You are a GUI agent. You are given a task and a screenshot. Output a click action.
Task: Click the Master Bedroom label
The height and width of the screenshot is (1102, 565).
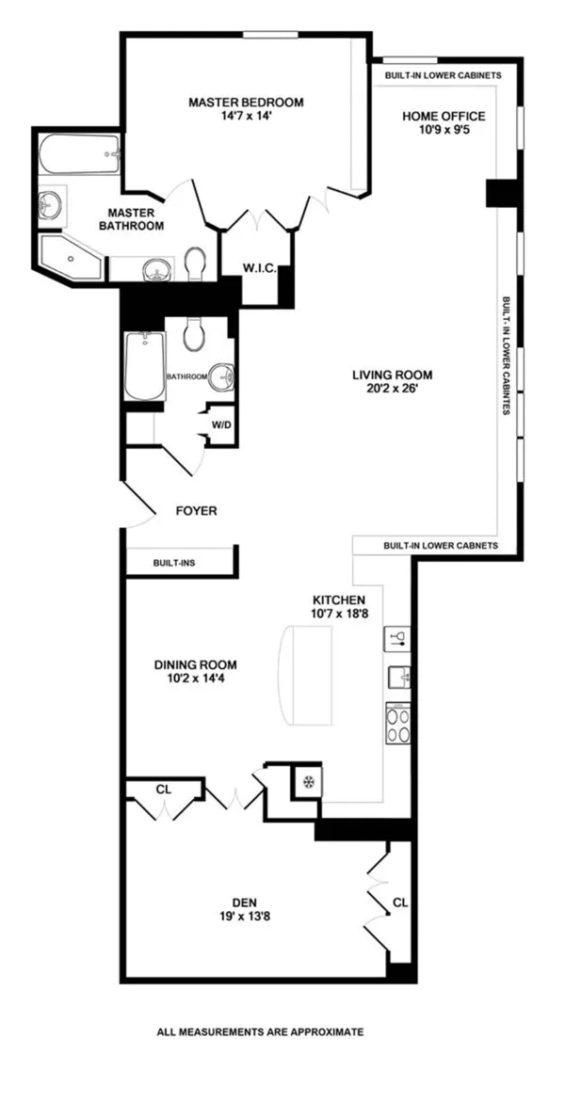click(x=246, y=103)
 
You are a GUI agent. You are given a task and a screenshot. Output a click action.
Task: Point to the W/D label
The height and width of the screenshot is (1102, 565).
click(x=222, y=424)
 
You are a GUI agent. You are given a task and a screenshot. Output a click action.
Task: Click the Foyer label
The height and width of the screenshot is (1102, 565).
click(x=197, y=511)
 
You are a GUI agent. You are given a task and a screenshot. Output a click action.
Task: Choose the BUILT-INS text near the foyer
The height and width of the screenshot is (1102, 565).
click(x=174, y=563)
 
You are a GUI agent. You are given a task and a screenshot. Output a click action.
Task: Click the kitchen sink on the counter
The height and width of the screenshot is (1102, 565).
click(x=397, y=678)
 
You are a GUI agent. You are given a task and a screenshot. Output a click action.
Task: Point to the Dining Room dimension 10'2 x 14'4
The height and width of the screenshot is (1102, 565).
click(x=196, y=679)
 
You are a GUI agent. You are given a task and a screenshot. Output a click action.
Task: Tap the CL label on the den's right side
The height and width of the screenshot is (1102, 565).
click(x=400, y=902)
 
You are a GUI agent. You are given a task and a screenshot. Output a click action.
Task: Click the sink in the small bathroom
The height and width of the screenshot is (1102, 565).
click(x=221, y=375)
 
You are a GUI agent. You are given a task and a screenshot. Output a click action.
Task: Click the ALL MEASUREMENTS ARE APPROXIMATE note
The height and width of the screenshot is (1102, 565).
click(x=260, y=1032)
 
